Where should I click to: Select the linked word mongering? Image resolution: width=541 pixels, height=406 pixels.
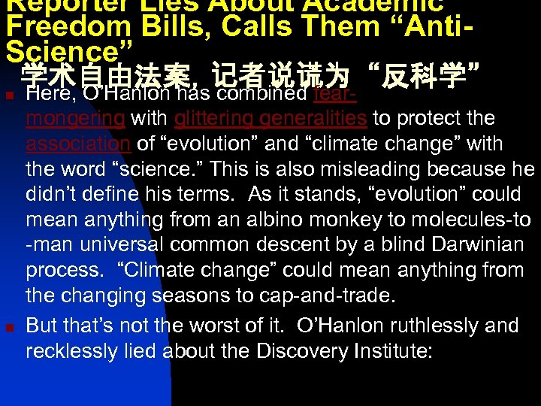(x=75, y=119)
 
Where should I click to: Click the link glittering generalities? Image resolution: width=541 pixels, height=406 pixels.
(x=270, y=119)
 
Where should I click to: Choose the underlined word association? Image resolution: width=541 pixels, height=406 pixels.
(x=78, y=144)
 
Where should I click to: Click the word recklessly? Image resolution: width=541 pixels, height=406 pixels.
(x=71, y=351)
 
